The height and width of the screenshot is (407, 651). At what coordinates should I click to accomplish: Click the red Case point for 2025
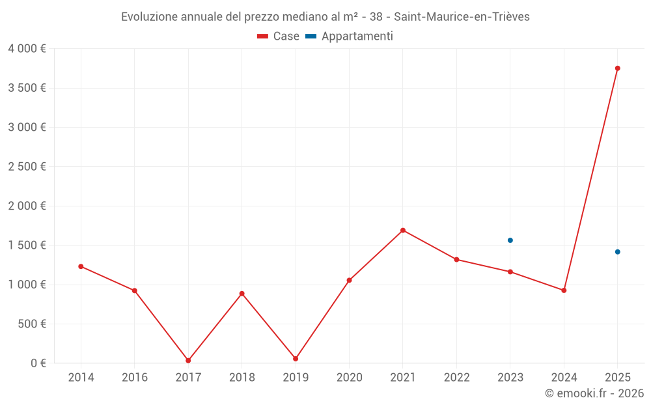tap(618, 68)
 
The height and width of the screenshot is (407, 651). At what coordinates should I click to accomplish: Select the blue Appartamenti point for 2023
tap(510, 240)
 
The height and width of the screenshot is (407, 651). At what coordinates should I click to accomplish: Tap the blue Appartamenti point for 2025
tap(618, 252)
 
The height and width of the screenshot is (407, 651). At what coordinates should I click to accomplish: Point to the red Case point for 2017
tap(188, 361)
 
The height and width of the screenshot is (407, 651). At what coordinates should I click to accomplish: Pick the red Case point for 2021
tap(403, 231)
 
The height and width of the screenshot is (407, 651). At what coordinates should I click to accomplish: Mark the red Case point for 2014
tap(81, 266)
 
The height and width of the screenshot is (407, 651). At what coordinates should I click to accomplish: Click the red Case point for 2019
tap(296, 359)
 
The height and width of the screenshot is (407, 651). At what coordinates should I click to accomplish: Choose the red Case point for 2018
tap(242, 294)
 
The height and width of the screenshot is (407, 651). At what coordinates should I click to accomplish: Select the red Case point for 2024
tap(564, 290)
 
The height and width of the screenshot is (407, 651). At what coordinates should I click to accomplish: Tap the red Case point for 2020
tap(349, 281)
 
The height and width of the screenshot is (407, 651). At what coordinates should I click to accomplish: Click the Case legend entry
tap(279, 36)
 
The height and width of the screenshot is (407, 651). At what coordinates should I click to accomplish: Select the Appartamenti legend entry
tap(350, 36)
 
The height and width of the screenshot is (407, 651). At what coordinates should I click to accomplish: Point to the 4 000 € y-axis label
tap(27, 49)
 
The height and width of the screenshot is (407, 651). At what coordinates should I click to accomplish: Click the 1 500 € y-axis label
tap(27, 246)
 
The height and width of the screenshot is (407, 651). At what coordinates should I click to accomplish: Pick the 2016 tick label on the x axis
tap(135, 378)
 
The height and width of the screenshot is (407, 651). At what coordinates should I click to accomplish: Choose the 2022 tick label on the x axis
tap(456, 378)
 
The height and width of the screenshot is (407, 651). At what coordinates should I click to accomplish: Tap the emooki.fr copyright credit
tap(594, 393)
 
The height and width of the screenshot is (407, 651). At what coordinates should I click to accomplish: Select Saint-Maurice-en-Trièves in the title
tap(462, 17)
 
